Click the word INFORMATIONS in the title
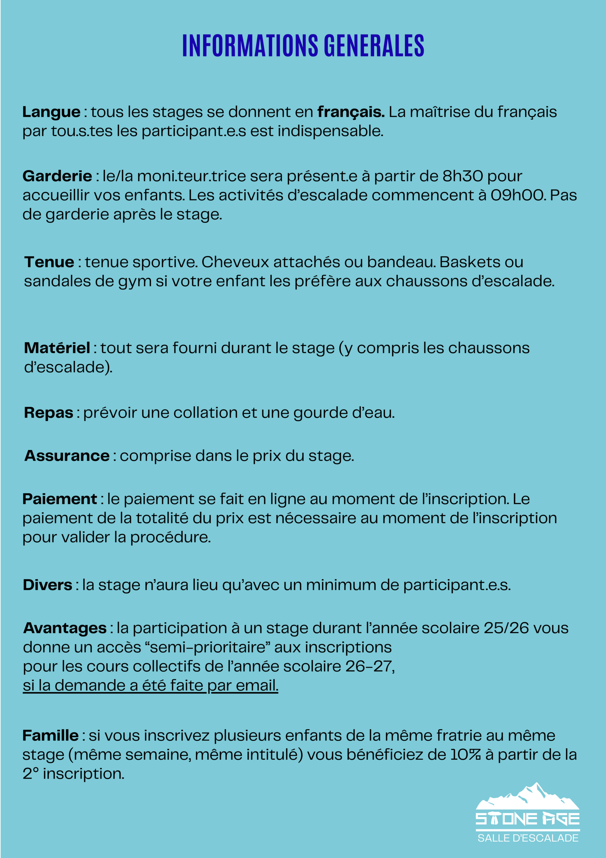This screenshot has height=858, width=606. tap(250, 46)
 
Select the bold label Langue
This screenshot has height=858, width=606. tap(51, 112)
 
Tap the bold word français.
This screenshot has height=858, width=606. tap(351, 112)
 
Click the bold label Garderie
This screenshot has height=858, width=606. tap(57, 176)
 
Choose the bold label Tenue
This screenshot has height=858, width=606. tap(49, 262)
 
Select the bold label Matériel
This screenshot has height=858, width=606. tap(57, 348)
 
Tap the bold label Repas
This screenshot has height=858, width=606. tap(49, 413)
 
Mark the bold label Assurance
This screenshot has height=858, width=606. tap(67, 455)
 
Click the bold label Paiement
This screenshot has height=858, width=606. tap(60, 499)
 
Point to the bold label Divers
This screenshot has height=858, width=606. tap(48, 585)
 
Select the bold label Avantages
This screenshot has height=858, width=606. tap(65, 628)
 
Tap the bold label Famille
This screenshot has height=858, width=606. tap(51, 735)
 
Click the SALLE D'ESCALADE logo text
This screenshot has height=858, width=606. tap(528, 838)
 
